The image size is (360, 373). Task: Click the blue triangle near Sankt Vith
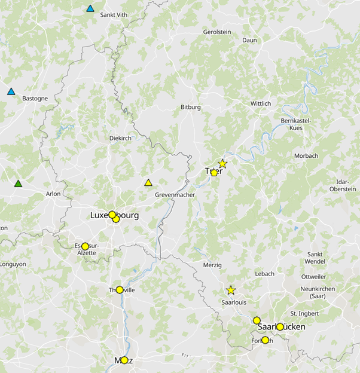90,8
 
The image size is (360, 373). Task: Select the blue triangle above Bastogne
11,91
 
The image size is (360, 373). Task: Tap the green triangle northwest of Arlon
19,184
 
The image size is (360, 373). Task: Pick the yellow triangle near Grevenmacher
148,182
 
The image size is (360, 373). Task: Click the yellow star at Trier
222,163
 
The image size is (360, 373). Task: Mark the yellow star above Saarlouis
231,291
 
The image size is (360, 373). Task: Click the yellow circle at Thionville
120,290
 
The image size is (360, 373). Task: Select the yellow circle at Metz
124,360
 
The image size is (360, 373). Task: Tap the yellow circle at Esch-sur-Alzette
85,246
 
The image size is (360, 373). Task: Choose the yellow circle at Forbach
266,340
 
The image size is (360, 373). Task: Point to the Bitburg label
191,108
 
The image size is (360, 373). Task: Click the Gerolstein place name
217,32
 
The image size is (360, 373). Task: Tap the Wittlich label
261,103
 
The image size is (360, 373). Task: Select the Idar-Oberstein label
343,185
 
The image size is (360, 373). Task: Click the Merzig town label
212,265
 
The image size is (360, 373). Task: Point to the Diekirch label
120,138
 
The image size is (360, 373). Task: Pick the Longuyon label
13,264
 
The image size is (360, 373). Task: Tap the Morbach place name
306,156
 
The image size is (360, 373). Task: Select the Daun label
249,41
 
